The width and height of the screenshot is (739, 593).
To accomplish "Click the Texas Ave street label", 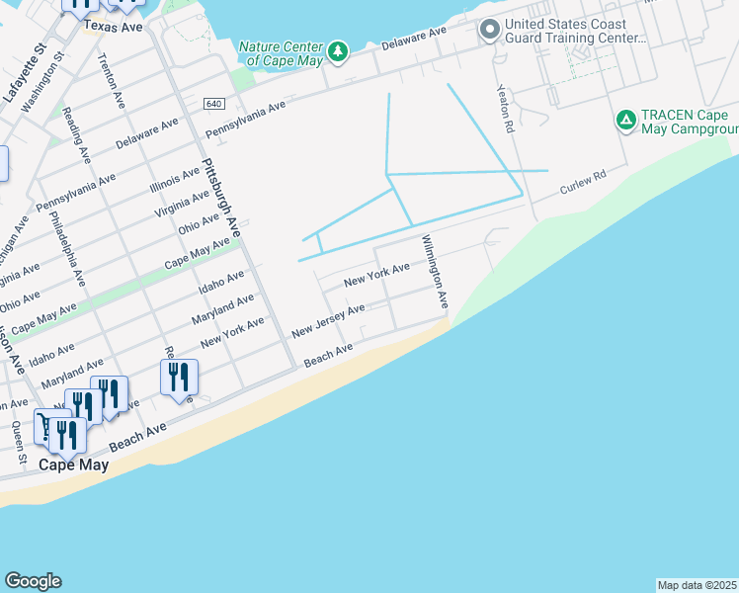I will click(114, 27).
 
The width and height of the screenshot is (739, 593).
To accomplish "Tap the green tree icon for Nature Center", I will click(339, 50).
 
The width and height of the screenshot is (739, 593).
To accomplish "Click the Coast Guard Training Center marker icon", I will click(488, 31).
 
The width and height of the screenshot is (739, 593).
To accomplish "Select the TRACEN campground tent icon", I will click(625, 121).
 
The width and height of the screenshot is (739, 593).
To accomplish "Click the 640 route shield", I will click(214, 104).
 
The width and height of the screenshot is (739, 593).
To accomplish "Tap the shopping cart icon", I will click(46, 425).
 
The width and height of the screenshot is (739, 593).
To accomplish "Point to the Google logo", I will click(33, 581).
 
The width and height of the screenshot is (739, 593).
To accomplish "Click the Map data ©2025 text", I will click(698, 585).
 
